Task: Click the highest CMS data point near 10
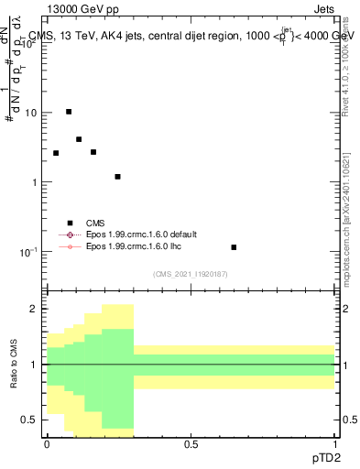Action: pyautogui.click(x=69, y=112)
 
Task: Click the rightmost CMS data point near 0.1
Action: pyautogui.click(x=234, y=247)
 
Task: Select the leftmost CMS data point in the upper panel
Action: pyautogui.click(x=56, y=153)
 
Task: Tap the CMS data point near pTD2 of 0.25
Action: pyautogui.click(x=117, y=177)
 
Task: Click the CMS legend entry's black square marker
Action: pyautogui.click(x=70, y=223)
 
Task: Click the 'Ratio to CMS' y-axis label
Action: pyautogui.click(x=13, y=364)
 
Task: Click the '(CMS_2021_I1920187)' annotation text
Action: pyautogui.click(x=191, y=273)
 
